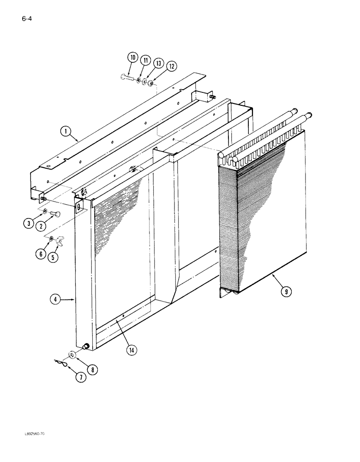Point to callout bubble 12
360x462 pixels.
click(171, 67)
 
